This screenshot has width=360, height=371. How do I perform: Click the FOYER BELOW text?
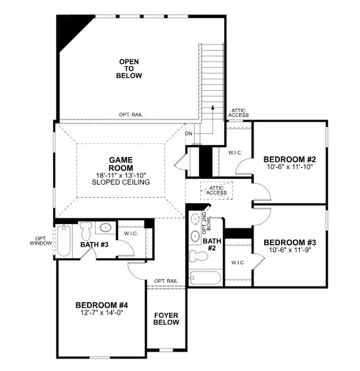tap(167, 318)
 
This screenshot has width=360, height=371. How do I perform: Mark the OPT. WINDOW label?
tap(42, 240)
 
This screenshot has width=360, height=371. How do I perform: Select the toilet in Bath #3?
tap(86, 228)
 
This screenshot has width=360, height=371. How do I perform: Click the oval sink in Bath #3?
tap(106, 228)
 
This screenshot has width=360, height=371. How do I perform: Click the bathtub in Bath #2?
tap(205, 277)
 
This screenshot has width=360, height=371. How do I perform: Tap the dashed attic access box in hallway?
tap(217, 190)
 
